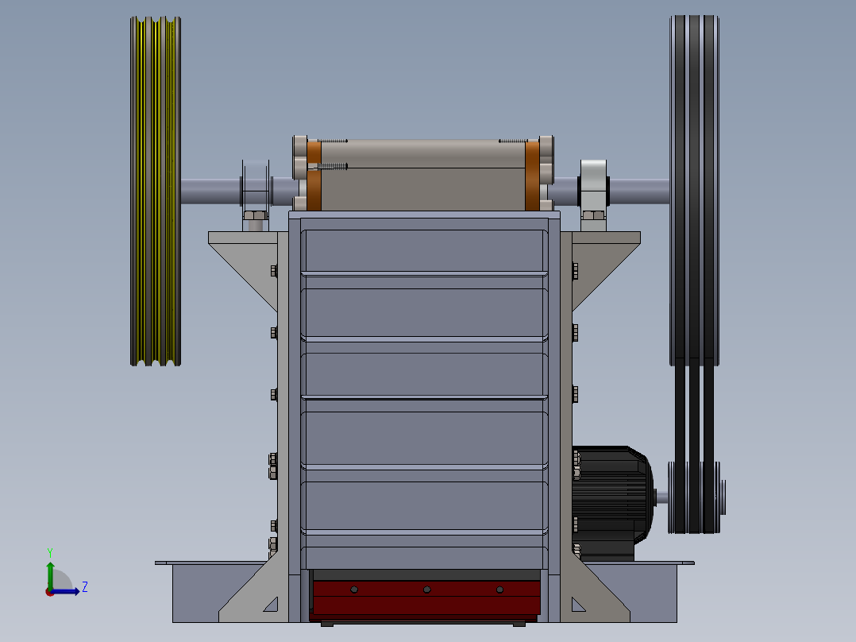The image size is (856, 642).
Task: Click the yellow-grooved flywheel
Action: point(156,191)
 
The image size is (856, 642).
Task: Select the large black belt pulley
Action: point(694,191)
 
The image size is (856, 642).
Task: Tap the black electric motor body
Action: point(612,503)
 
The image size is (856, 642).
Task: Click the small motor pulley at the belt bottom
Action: point(694,497)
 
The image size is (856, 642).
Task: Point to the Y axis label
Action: point(50,553)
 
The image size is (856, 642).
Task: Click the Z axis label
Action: point(85,587)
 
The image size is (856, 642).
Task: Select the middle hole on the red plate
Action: point(427,590)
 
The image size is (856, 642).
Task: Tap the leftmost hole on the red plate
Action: point(354,590)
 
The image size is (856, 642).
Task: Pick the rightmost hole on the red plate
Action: point(499,590)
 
